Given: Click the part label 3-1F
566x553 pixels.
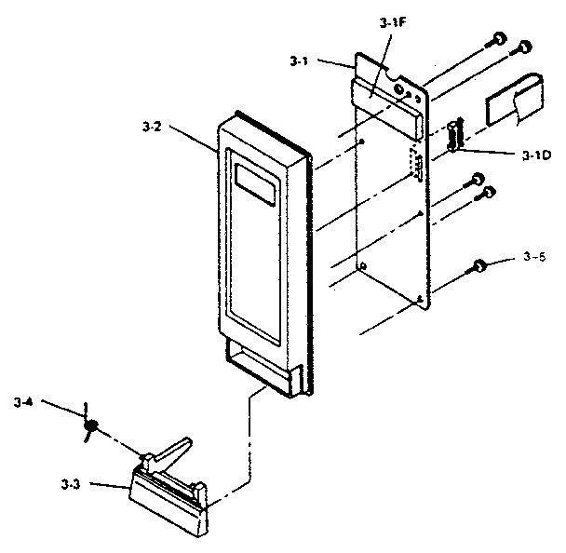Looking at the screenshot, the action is coord(394,23).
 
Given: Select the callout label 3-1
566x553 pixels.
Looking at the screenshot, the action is coord(299,61).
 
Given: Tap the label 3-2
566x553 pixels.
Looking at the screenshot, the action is coord(152,127).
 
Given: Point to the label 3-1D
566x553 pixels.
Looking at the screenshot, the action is coord(537,155).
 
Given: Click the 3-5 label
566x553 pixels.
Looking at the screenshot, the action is coord(534,257).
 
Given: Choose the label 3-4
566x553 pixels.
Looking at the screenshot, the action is coord(23,402).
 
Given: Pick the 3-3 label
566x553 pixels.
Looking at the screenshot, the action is coord(71,484).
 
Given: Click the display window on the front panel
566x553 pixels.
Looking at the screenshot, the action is coord(257,185).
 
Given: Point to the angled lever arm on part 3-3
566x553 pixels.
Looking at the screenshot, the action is coord(168,452).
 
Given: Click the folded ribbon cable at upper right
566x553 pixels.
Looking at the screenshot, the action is coord(515,100).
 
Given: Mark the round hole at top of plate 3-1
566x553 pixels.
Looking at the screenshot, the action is coord(398,89).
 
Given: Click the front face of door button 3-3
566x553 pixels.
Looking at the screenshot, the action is coord(168,509).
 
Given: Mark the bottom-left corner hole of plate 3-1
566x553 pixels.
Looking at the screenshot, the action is coord(363,267).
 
